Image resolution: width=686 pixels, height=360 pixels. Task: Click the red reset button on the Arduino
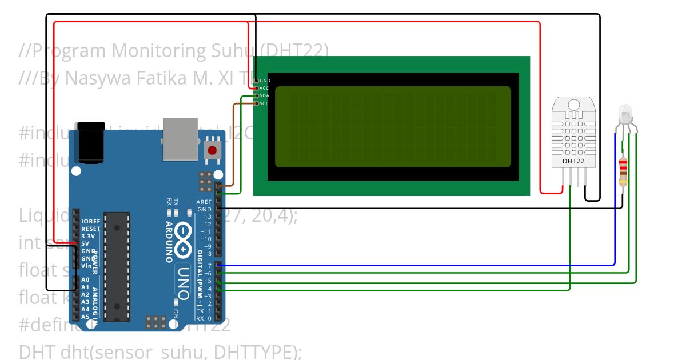point(212,151)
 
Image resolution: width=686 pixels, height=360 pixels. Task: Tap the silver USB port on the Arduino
point(180,139)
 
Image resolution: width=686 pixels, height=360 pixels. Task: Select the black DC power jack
point(92,142)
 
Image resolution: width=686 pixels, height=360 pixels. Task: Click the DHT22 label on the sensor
point(573,161)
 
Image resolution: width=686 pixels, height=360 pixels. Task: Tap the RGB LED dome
point(625,113)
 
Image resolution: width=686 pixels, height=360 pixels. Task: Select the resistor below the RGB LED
point(623,171)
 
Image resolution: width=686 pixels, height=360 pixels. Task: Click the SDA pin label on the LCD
point(264,96)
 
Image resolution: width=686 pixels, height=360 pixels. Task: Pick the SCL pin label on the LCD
point(264,103)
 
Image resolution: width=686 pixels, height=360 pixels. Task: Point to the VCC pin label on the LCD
point(264,89)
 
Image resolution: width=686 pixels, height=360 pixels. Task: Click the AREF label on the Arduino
point(204,202)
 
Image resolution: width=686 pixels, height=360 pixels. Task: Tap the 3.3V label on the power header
point(88,236)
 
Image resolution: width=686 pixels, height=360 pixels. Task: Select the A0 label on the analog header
point(85,279)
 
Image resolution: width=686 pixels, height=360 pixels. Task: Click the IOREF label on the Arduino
point(90,221)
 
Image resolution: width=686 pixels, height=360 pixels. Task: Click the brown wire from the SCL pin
point(233,143)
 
